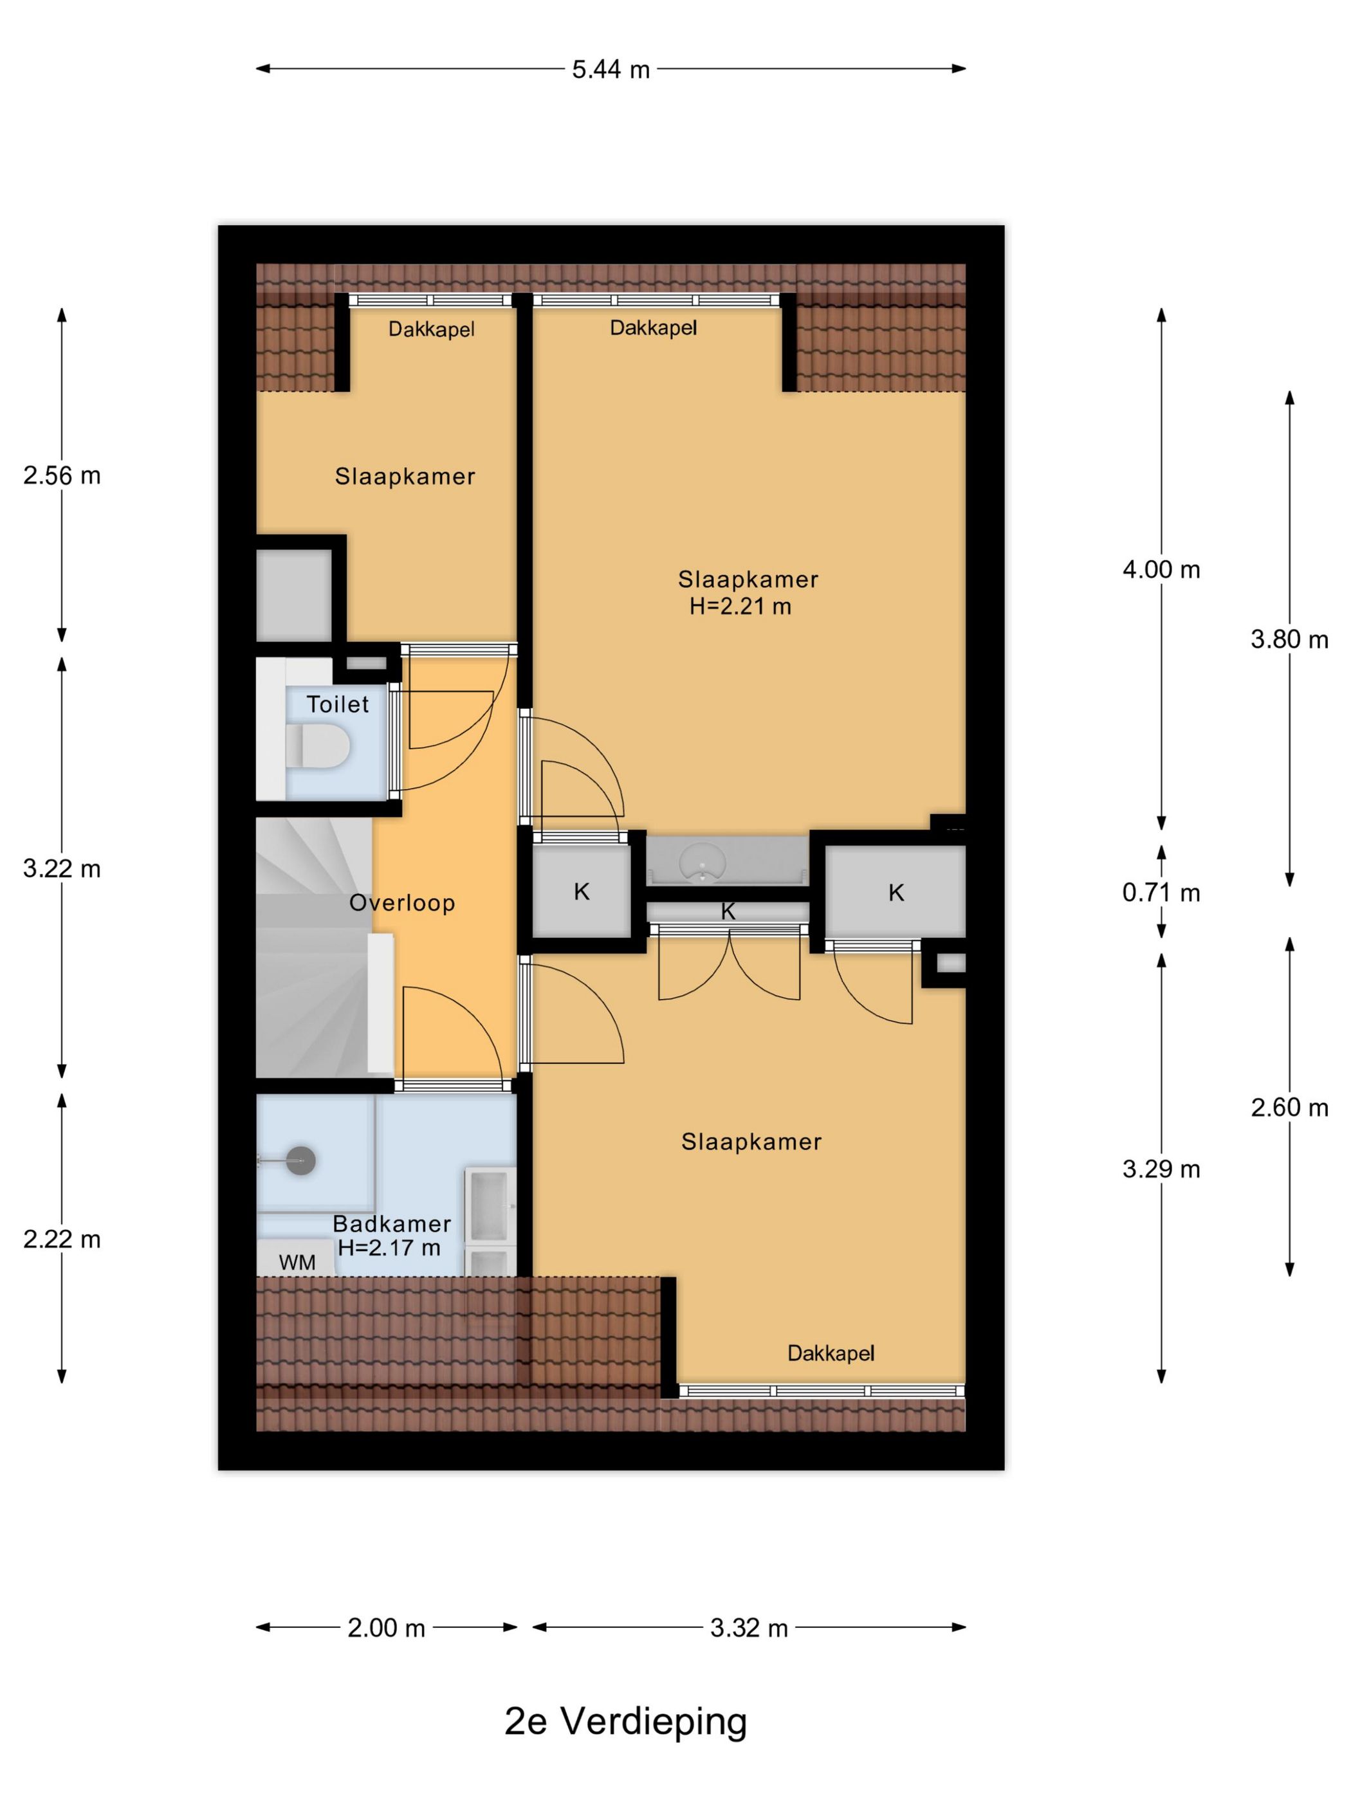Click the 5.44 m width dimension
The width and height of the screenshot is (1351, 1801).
[x=610, y=69]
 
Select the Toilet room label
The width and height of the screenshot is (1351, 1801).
[x=337, y=704]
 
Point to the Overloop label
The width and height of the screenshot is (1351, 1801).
[x=401, y=903]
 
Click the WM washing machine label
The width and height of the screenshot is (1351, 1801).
[x=297, y=1262]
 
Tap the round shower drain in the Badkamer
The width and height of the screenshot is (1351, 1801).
[x=301, y=1160]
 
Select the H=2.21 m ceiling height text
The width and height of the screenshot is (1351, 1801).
[x=740, y=606]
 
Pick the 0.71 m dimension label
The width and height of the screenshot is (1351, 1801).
[x=1161, y=893]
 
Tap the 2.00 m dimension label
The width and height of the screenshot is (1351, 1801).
[x=386, y=1627]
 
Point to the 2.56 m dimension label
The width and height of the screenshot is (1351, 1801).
[x=62, y=475]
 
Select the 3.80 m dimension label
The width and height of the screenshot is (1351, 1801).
[x=1289, y=640]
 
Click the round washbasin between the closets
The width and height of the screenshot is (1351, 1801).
[x=702, y=860]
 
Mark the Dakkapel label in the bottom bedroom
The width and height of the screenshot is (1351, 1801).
[x=831, y=1353]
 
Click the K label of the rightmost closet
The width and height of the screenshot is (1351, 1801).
[x=896, y=893]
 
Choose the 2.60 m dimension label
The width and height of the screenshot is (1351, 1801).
[x=1289, y=1108]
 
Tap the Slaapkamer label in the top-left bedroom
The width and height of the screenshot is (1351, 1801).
[x=405, y=477]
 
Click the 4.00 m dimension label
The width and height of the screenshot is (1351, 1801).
[x=1161, y=570]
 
